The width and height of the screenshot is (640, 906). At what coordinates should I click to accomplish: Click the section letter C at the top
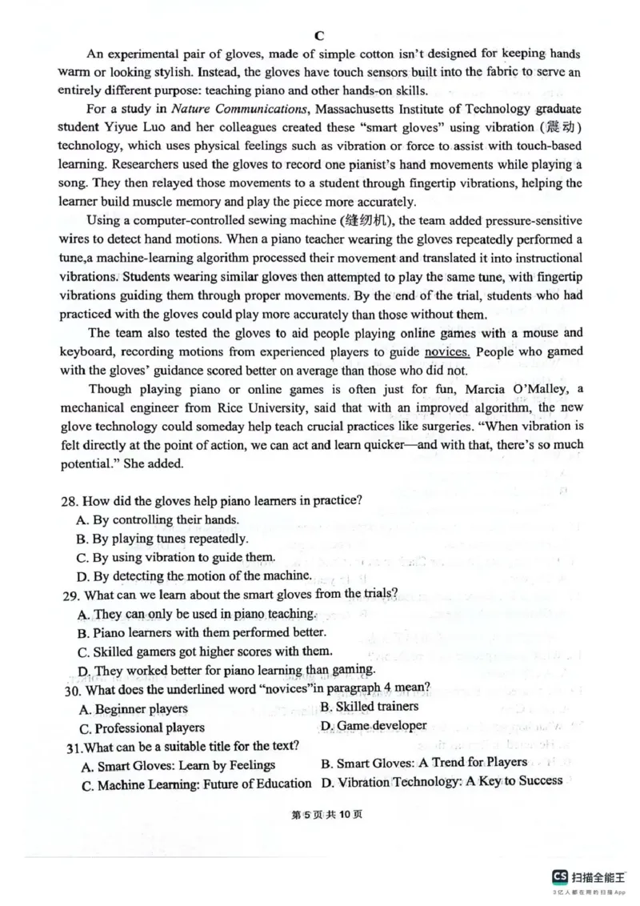point(318,35)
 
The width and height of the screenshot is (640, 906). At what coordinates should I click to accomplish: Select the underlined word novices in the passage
point(447,351)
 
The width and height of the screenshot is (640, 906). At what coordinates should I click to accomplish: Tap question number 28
point(70,500)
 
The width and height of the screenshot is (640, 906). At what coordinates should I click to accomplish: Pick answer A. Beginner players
point(134,708)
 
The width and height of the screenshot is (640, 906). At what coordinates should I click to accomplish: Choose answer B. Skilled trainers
point(369,706)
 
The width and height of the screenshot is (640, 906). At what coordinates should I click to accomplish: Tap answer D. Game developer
point(374,726)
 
